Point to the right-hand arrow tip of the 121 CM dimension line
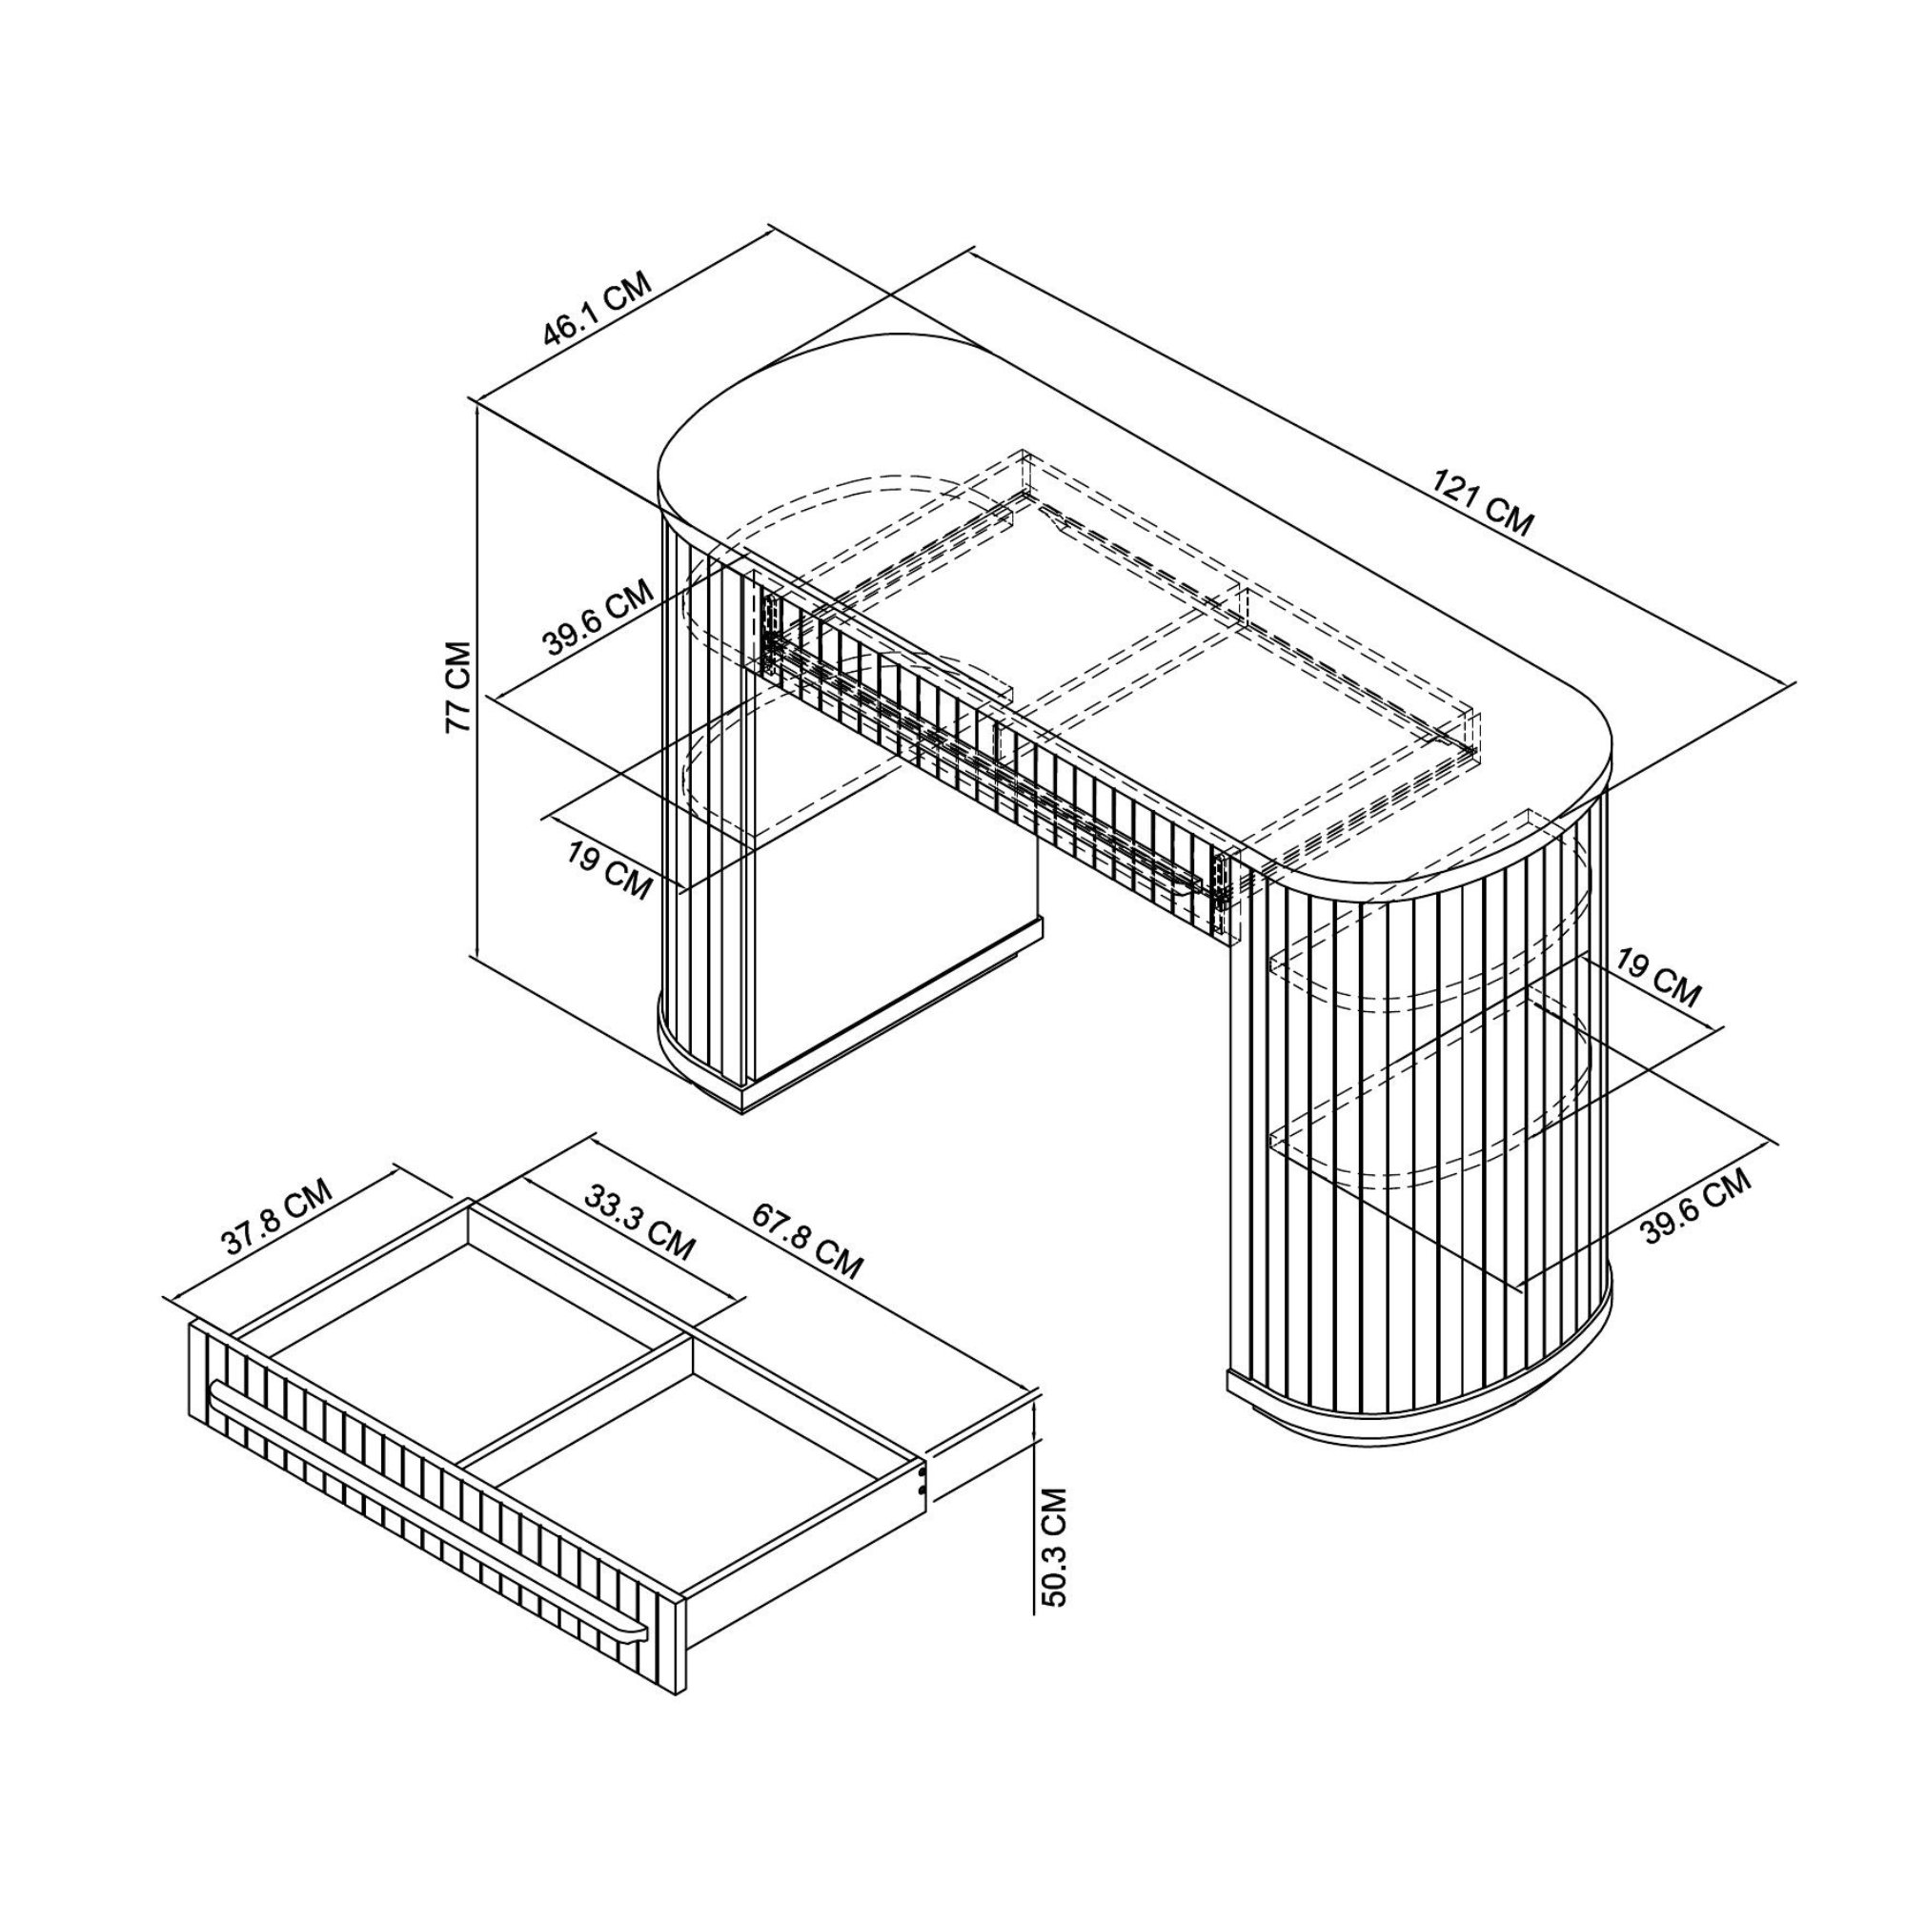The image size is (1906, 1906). click(1793, 683)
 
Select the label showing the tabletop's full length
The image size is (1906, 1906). click(1483, 503)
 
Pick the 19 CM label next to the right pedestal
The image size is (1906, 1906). click(1659, 979)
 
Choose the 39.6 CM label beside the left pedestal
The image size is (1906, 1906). click(598, 618)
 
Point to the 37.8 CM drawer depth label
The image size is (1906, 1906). click(277, 1216)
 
